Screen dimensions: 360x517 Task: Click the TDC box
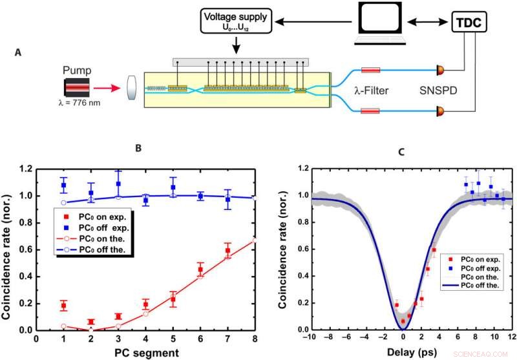click(x=468, y=25)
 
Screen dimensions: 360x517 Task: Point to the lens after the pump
click(x=131, y=86)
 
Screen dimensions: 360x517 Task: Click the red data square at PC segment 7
click(x=227, y=251)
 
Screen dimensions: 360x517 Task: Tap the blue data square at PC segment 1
click(x=63, y=185)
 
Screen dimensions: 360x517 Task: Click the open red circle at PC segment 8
click(x=254, y=240)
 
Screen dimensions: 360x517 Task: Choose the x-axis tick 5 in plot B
click(x=173, y=337)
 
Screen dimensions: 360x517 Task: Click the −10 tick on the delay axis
click(x=311, y=337)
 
